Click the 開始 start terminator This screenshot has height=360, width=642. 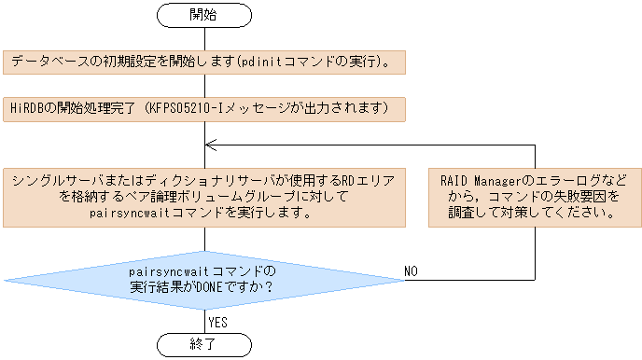203,15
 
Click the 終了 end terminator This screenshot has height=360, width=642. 203,344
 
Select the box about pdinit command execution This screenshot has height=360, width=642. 203,62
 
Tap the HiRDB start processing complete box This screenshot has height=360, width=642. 203,108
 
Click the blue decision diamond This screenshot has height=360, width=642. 203,279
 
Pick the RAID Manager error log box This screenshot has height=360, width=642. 535,196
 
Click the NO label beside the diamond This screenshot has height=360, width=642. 411,270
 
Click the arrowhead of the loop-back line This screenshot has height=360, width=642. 210,145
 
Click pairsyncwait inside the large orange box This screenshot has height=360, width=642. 119,213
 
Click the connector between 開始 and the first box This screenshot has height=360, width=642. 203,38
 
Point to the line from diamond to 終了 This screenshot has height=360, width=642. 203,319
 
